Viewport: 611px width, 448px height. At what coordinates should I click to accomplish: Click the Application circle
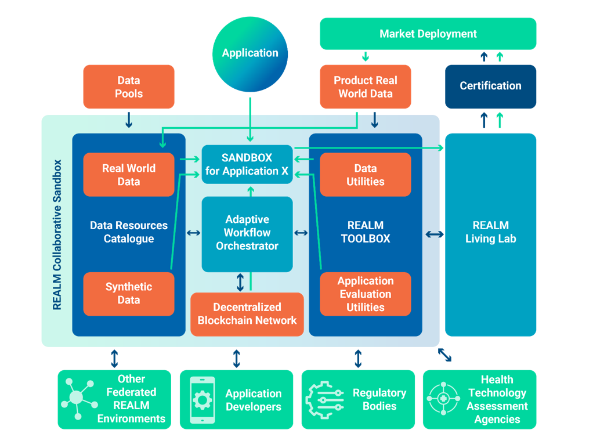click(x=250, y=53)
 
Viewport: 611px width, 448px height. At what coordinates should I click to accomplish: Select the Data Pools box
click(x=129, y=87)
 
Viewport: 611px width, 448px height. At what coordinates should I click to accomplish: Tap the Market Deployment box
click(x=428, y=34)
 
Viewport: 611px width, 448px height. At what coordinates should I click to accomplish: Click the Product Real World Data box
click(x=366, y=87)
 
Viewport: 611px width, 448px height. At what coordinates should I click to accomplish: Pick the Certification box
click(x=490, y=86)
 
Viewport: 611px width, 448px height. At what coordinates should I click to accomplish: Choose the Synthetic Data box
click(x=129, y=294)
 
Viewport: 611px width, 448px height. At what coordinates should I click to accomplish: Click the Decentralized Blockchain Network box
click(x=247, y=314)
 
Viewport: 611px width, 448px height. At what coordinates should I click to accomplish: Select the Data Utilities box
click(x=366, y=175)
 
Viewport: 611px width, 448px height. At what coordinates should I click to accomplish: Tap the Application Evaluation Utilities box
click(x=366, y=294)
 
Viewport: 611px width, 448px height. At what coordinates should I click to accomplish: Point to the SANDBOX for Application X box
click(x=247, y=164)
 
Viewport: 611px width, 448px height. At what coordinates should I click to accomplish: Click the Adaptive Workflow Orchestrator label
click(x=247, y=233)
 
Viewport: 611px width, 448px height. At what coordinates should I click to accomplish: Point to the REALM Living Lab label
click(x=490, y=232)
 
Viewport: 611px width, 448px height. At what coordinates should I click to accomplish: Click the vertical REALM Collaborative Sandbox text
click(x=57, y=235)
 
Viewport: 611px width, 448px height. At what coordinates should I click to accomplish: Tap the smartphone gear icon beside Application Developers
click(x=203, y=400)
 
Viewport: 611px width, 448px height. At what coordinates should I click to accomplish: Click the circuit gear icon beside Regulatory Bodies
click(x=324, y=400)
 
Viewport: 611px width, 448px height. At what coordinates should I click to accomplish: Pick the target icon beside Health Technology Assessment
click(x=443, y=399)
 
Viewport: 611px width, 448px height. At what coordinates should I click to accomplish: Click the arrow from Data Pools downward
click(x=129, y=119)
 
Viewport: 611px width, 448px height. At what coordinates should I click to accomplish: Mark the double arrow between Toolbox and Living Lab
click(x=435, y=234)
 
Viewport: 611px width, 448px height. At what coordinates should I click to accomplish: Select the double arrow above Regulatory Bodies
click(x=358, y=358)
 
